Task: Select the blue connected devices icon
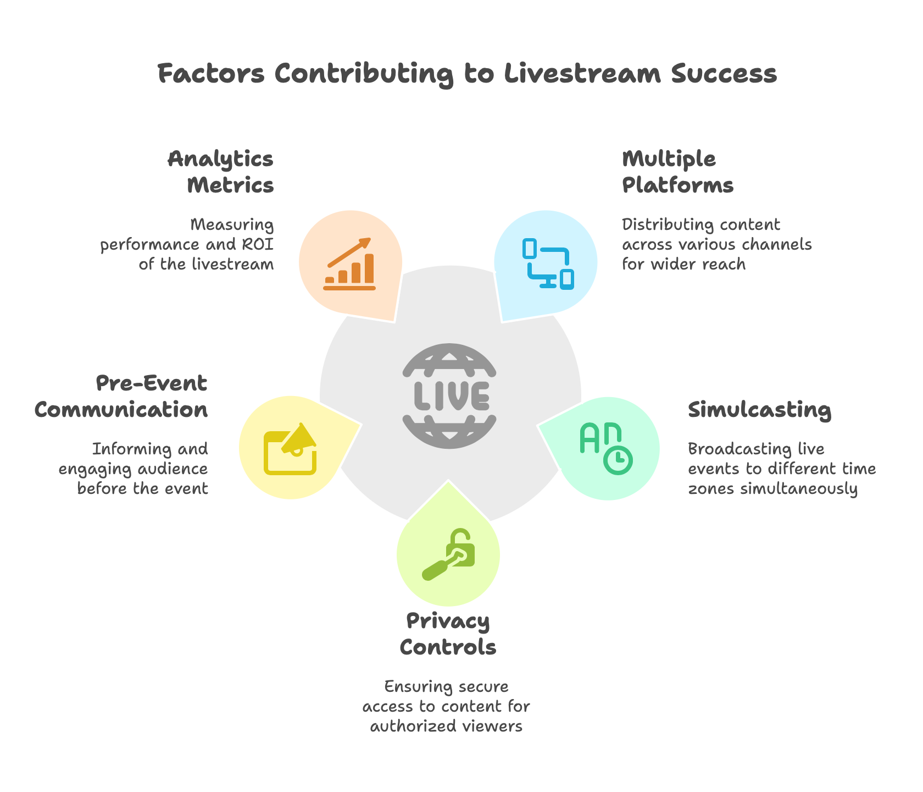pyautogui.click(x=547, y=263)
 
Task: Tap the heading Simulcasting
pyautogui.click(x=759, y=410)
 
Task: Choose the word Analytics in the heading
pyautogui.click(x=220, y=159)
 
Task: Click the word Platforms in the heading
pyautogui.click(x=677, y=185)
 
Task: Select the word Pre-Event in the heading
pyautogui.click(x=152, y=383)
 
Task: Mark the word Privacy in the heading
pyautogui.click(x=448, y=621)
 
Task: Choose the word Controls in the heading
pyautogui.click(x=448, y=647)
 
